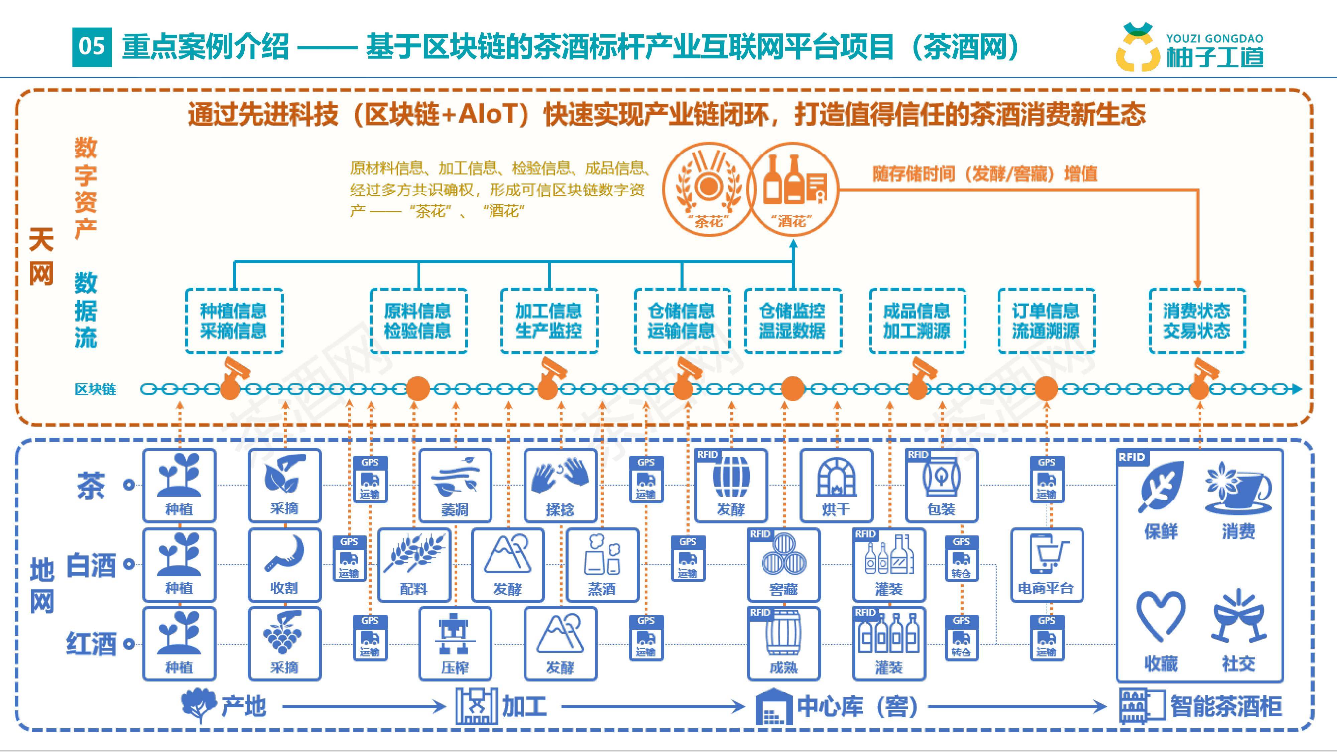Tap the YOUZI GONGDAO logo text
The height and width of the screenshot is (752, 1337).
[x=1215, y=38]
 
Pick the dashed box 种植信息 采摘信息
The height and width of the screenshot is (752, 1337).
[x=234, y=321]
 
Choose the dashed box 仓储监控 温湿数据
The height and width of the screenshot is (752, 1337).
[x=793, y=321]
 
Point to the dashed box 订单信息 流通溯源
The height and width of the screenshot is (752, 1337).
[x=1046, y=321]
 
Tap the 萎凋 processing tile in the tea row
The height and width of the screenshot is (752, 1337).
[x=455, y=486]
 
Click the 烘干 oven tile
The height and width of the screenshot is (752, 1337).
[x=836, y=486]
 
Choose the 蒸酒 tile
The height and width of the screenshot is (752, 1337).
[x=602, y=565]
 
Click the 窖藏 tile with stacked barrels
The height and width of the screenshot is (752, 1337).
[x=784, y=565]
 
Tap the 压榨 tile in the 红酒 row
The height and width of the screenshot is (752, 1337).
[x=455, y=643]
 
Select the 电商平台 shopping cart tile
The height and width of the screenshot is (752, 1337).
[x=1046, y=565]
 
